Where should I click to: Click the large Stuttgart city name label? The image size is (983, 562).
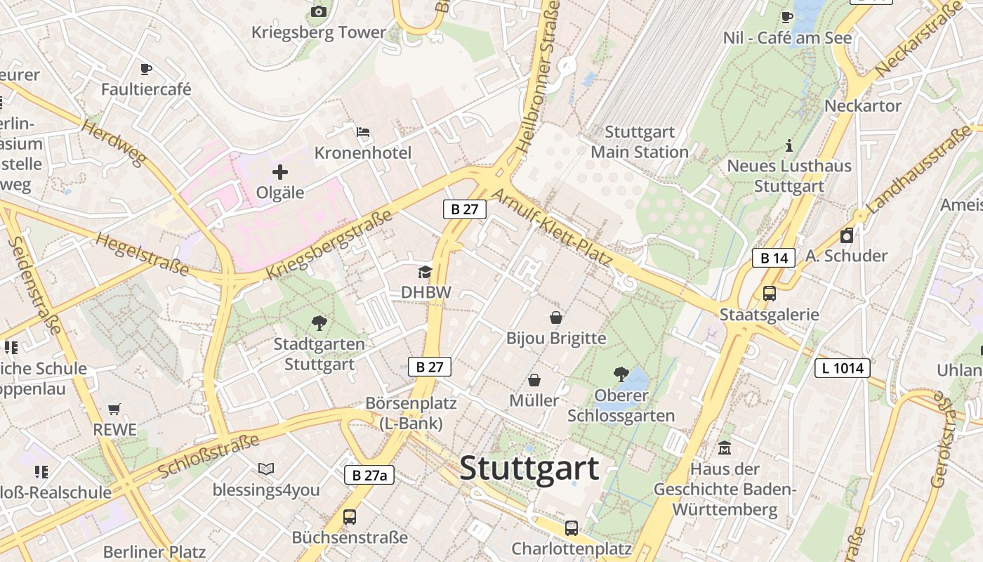pos(529,469)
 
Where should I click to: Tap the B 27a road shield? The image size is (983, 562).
pos(369,475)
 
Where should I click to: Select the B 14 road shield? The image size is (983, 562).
pos(774,258)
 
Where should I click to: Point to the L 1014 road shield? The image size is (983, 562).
pos(843,367)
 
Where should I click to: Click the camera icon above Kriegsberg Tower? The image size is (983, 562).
pos(319,11)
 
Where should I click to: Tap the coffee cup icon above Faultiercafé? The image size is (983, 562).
pos(145,69)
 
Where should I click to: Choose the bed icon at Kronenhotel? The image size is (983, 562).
pos(363,131)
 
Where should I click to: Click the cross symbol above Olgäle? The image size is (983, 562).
pos(280,171)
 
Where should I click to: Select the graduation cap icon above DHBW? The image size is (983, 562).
pos(425,272)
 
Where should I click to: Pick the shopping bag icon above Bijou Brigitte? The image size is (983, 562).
pos(556,318)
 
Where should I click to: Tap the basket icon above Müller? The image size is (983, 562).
pos(534,380)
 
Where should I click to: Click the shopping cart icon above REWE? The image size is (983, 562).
pos(114,409)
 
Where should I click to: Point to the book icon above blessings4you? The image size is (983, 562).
pos(266,469)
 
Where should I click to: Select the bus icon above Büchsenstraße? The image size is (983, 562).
pos(350,517)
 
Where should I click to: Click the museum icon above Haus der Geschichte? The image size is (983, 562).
pos(725,447)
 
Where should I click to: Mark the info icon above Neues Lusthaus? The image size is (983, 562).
pos(789,145)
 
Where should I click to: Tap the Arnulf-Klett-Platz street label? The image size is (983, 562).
pos(553,228)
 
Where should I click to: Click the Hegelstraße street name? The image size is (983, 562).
pos(143,254)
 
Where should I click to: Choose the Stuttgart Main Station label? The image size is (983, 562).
pos(640,142)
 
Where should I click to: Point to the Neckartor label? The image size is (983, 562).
pos(863,105)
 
